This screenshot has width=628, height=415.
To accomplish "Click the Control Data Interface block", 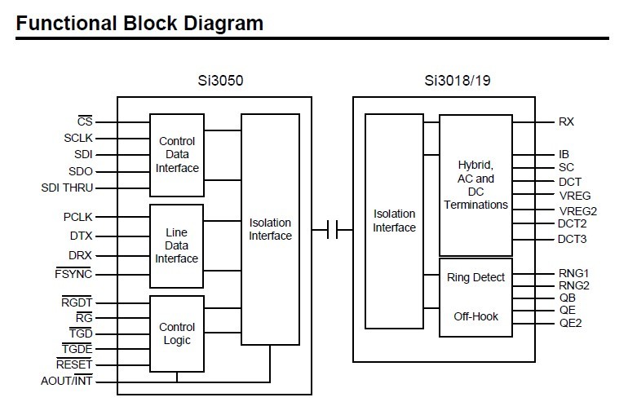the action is pos(177,155).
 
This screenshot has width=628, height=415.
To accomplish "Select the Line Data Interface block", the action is pos(176,246).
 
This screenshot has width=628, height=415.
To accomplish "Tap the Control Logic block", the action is pos(177,333).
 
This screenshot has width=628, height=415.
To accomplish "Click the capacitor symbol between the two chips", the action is pos(333,230).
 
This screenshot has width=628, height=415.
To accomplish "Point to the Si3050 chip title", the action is pos(220,81).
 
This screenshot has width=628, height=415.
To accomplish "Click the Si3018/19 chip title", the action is pos(458,81).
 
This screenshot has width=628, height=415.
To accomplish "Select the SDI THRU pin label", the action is pos(67,188).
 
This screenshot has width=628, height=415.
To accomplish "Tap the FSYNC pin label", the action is pos(73,274).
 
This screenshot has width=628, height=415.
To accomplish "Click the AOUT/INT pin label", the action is pos(67,381).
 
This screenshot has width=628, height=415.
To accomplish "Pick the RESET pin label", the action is pos(74,364).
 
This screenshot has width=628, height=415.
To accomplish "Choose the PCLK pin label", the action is pos(77,217).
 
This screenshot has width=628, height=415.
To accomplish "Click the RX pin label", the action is pos(566,121).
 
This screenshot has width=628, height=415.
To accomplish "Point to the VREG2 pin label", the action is pos(578,211).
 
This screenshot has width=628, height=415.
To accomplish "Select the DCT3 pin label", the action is pos(572,239).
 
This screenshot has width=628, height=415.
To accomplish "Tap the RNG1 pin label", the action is pos(573,273).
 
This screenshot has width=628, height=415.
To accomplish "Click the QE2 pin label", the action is pos(570,323).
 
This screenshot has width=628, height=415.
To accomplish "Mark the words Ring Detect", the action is pos(475,277).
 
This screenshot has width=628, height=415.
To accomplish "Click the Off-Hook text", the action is pos(475,316).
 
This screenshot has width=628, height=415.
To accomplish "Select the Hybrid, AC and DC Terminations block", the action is pos(475,185).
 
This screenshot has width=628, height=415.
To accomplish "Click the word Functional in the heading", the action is pos(67,23).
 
